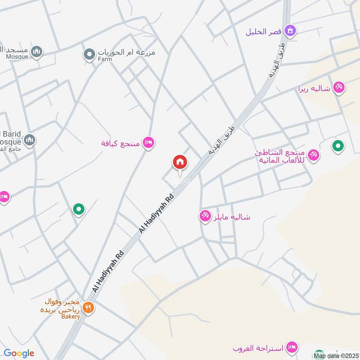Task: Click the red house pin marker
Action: tap(180, 162)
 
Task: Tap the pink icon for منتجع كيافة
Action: tap(148, 143)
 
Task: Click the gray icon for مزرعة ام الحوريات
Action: tap(89, 55)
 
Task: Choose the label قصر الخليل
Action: tap(264, 32)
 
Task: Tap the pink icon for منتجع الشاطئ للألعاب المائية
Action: tap(314, 155)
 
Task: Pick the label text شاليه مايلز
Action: tap(231, 217)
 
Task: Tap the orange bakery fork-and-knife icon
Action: tap(88, 308)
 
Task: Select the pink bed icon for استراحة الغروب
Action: tap(291, 347)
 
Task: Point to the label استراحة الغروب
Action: tap(258, 349)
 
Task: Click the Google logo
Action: tap(18, 353)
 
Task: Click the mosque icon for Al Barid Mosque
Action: tap(30, 139)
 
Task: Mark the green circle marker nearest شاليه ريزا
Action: tap(337, 146)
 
